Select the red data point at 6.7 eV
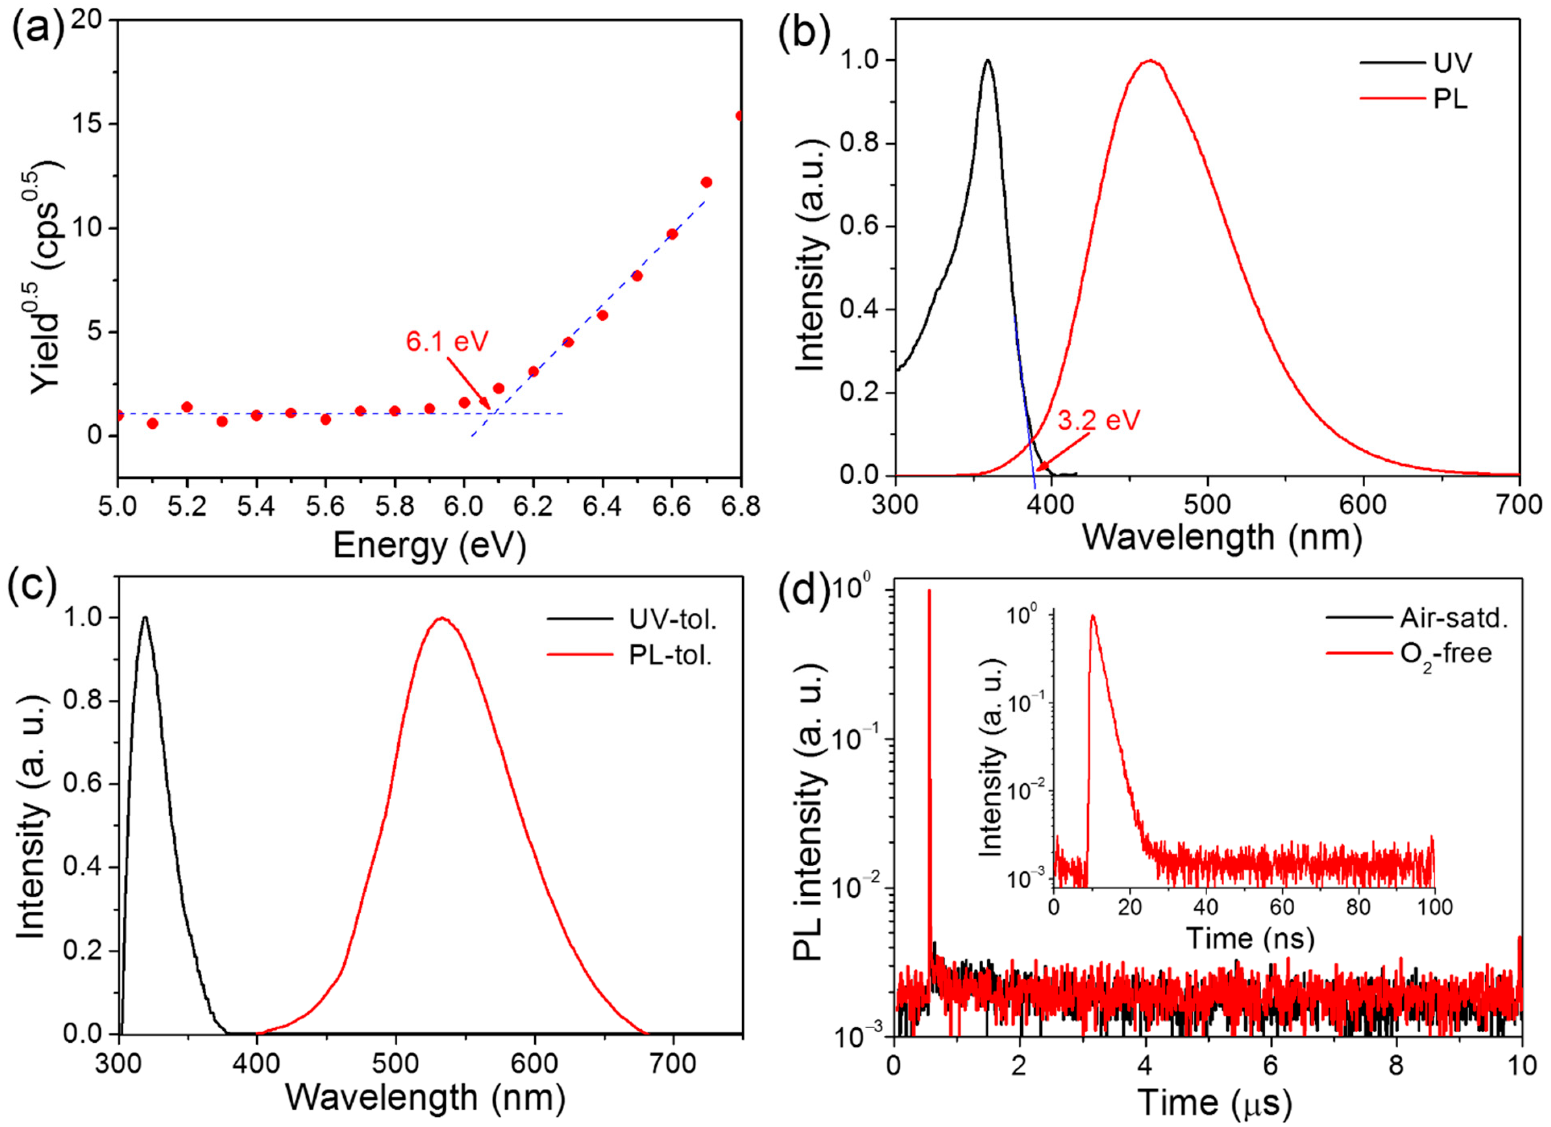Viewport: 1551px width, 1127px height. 706,182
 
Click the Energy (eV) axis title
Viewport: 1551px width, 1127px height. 430,546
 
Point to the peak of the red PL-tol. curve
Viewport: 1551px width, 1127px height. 442,618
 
